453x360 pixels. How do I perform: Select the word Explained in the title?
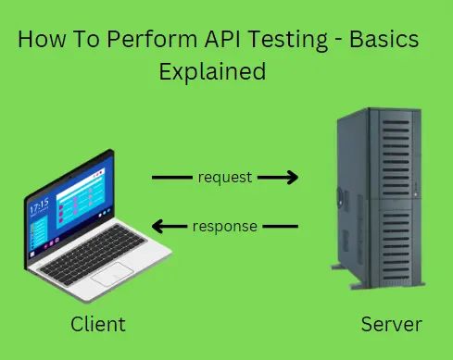coord(212,71)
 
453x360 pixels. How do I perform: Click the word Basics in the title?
coord(385,42)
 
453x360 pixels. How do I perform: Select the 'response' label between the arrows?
coord(225,224)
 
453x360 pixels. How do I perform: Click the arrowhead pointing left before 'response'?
coord(158,225)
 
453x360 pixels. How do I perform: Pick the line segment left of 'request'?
coord(171,178)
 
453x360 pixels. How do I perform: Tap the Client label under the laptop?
coord(97,325)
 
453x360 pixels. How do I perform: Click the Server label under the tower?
coord(392,325)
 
